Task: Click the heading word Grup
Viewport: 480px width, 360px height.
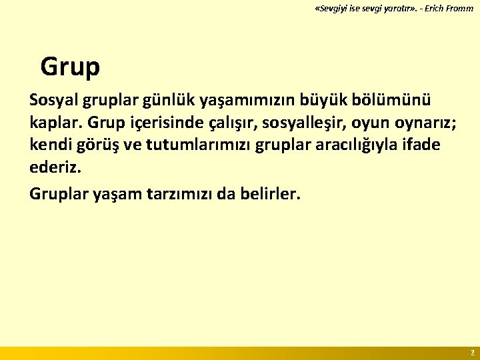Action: click(70, 67)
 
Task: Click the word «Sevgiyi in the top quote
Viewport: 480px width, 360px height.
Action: click(331, 9)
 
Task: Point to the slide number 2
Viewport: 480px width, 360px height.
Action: click(472, 352)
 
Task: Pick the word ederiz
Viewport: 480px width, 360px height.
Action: click(55, 168)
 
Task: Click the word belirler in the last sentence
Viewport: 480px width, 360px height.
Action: click(273, 194)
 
